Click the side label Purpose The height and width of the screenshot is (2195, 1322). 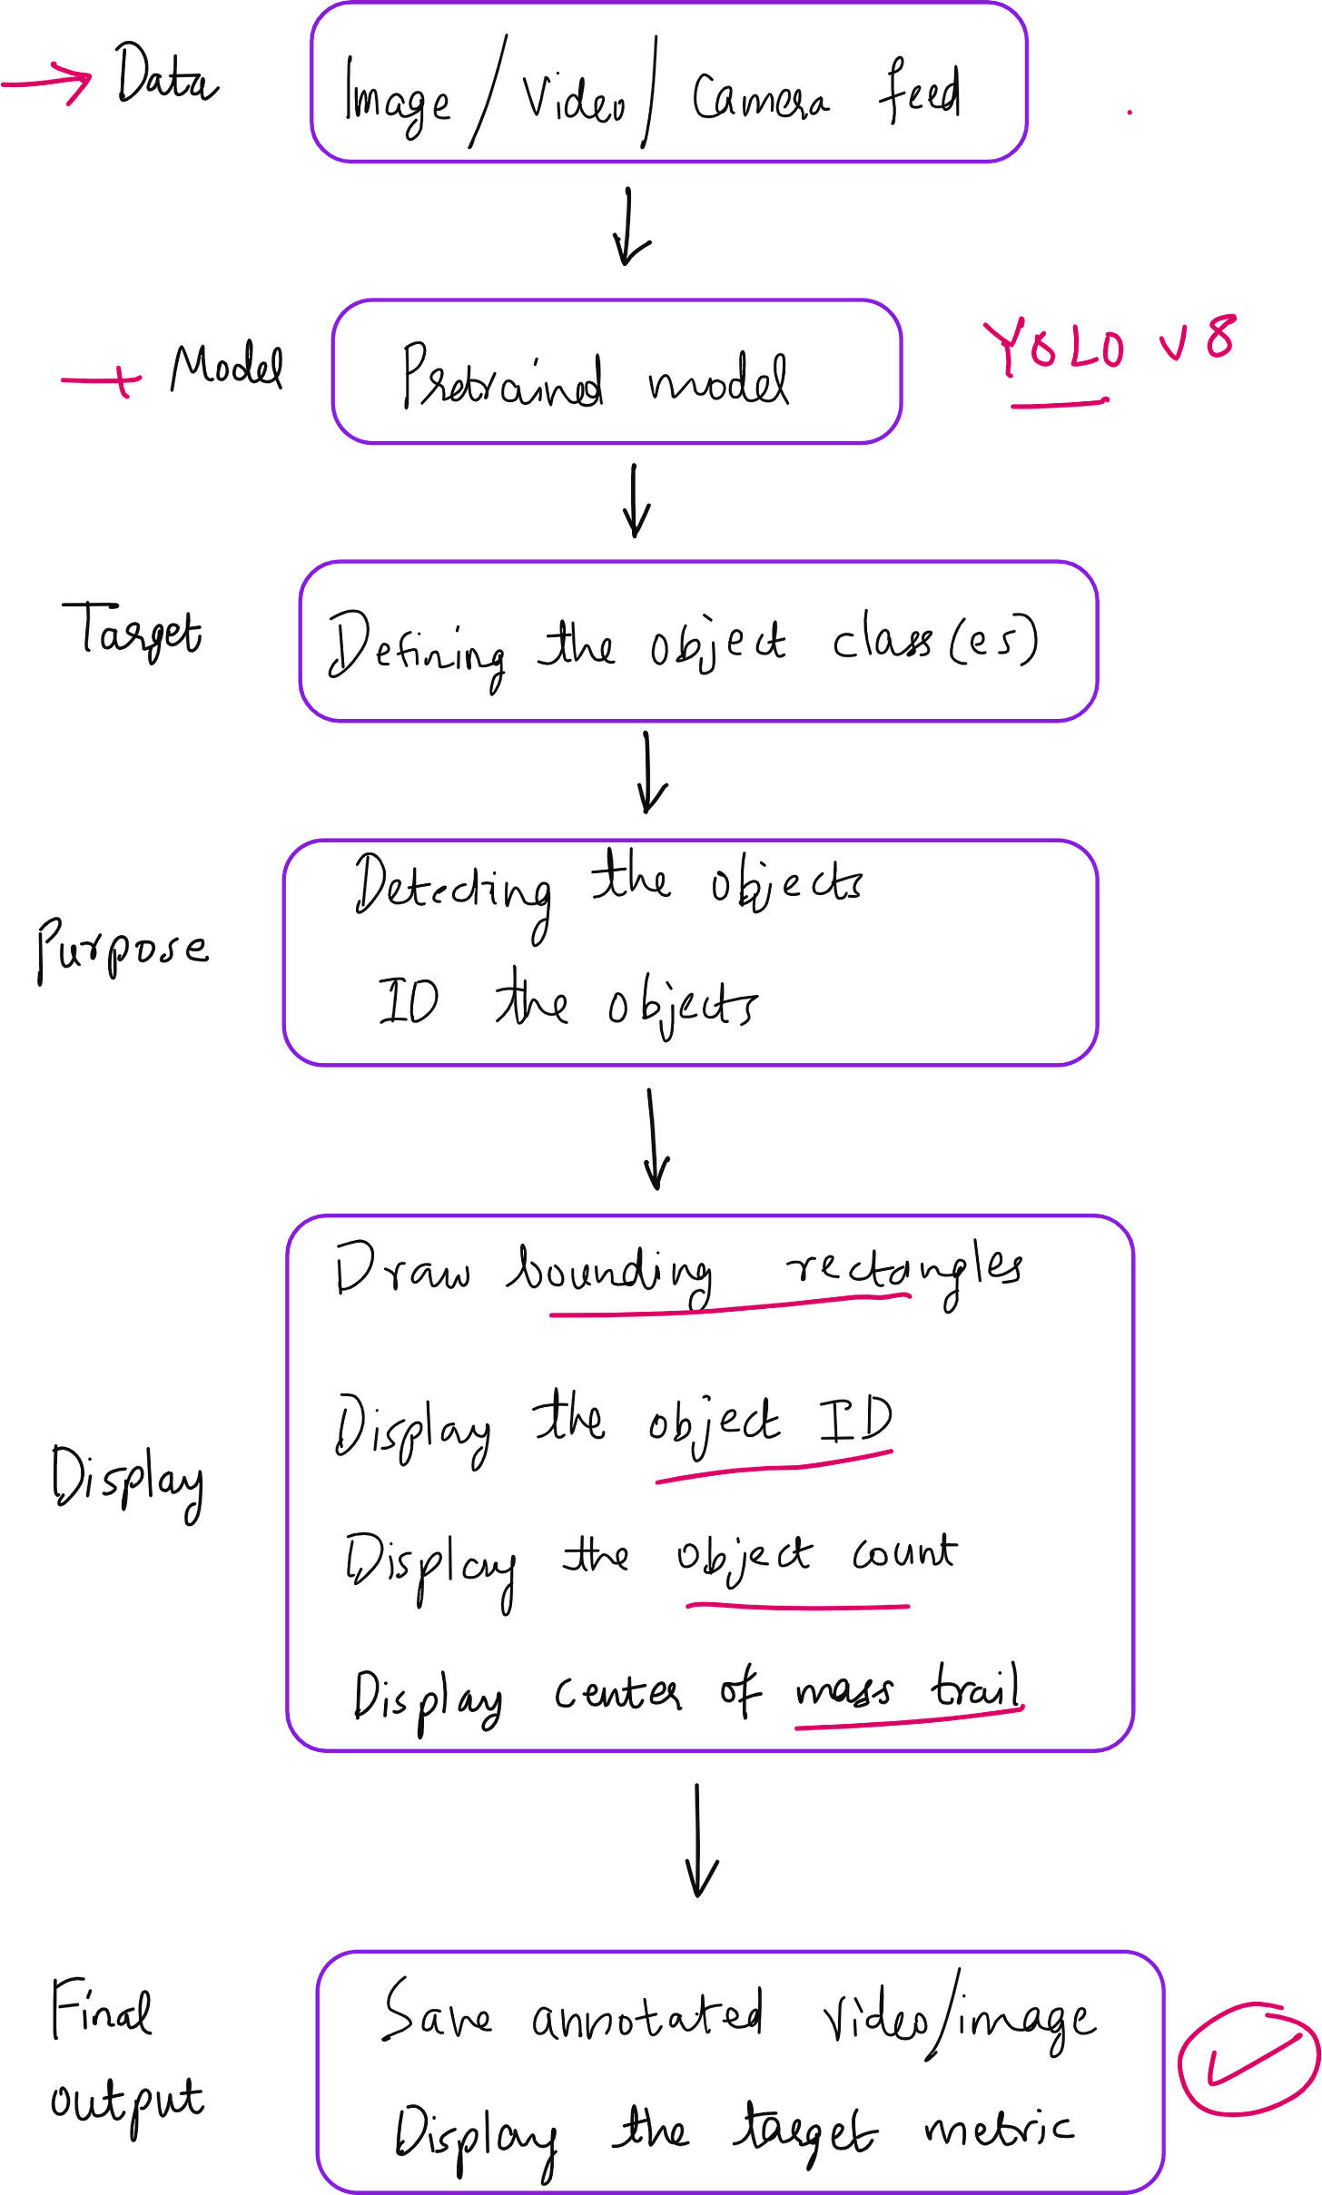tap(123, 949)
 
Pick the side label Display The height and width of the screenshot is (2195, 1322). tap(127, 1480)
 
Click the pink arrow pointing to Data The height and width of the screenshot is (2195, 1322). tap(50, 82)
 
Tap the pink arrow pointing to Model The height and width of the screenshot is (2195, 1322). tap(102, 379)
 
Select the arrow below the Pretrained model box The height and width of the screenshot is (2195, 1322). tap(636, 499)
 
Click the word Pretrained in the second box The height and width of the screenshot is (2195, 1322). tap(502, 377)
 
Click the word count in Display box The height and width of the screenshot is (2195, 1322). tap(904, 1554)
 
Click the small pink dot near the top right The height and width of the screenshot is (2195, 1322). tap(1130, 113)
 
